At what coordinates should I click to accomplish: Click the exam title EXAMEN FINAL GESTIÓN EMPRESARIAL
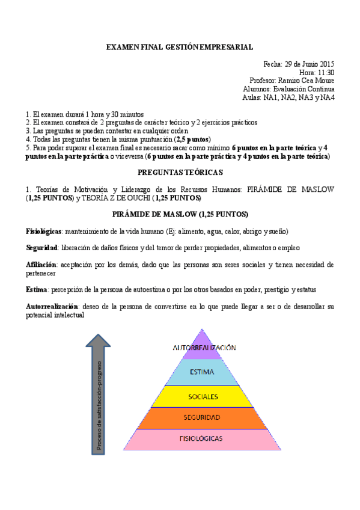click(x=179, y=46)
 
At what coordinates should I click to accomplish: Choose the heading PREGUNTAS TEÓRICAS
click(x=180, y=173)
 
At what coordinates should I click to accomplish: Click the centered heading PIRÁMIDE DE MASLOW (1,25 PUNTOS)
click(x=180, y=215)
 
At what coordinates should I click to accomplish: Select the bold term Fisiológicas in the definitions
click(x=44, y=232)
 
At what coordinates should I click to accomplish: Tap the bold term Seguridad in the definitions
click(x=41, y=248)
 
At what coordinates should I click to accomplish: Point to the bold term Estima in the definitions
click(x=37, y=290)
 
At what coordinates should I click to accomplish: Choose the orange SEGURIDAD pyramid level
click(x=204, y=417)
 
